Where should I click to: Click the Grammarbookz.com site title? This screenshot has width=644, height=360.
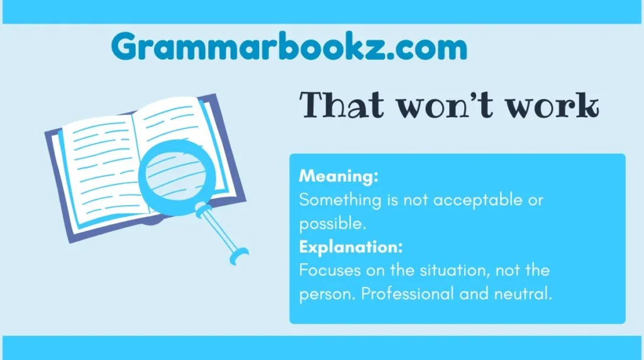click(289, 47)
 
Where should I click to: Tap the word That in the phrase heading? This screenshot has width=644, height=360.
click(341, 105)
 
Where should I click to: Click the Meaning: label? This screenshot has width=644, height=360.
click(338, 176)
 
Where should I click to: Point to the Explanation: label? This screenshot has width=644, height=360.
click(351, 247)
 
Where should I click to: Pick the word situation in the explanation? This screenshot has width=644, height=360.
click(454, 271)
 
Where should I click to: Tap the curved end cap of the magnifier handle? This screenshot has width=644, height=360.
click(239, 256)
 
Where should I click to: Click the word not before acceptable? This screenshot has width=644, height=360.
click(416, 201)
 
